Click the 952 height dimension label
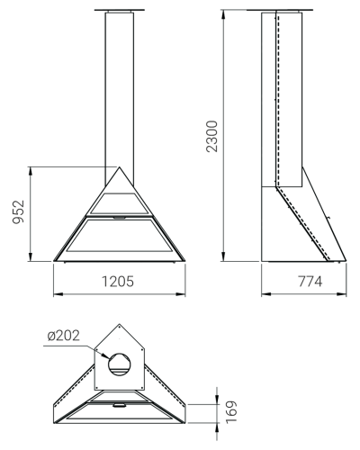coord(19,212)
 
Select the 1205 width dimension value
coord(118,282)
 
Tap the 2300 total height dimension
coord(212,136)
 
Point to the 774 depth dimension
coord(310,282)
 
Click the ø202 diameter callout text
coord(64,336)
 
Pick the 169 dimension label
coord(231,411)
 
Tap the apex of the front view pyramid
coord(120,167)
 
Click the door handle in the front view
coord(120,217)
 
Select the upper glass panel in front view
coord(119,203)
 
